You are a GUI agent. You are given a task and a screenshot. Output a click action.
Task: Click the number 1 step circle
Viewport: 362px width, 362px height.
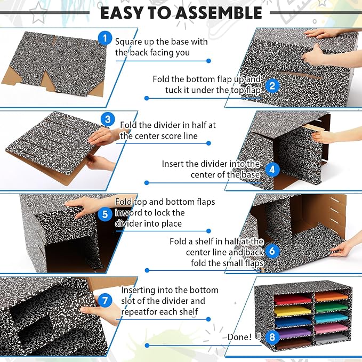[105, 38]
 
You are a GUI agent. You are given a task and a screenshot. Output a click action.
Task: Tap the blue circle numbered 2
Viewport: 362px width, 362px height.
[272, 86]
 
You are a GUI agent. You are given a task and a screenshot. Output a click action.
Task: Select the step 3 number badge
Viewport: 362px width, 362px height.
[108, 119]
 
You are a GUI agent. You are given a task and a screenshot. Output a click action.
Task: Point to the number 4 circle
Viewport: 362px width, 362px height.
[272, 170]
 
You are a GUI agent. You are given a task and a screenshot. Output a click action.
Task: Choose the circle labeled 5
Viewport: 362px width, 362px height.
[105, 214]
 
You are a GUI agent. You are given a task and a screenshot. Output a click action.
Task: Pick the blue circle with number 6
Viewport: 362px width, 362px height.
[272, 251]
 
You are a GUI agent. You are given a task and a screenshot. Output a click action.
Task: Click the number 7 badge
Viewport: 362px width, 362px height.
[105, 301]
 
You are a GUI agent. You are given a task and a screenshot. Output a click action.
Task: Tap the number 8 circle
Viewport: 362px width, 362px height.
[272, 337]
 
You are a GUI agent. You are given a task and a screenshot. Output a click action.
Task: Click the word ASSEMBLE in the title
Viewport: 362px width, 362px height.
[219, 13]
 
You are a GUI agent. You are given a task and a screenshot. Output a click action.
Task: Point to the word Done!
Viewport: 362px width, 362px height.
[239, 337]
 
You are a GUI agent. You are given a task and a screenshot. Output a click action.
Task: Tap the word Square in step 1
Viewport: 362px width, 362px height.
[128, 42]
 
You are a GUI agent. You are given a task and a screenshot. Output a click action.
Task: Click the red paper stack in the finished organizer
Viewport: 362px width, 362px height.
[293, 300]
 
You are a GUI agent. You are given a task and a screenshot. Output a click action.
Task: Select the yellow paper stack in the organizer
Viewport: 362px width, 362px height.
[293, 310]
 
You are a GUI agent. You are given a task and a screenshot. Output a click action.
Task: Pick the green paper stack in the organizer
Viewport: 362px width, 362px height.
[331, 308]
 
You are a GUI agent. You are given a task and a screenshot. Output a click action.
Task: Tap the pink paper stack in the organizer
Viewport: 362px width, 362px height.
[331, 328]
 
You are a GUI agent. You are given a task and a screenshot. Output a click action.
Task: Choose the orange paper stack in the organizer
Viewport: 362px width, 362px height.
[331, 296]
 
